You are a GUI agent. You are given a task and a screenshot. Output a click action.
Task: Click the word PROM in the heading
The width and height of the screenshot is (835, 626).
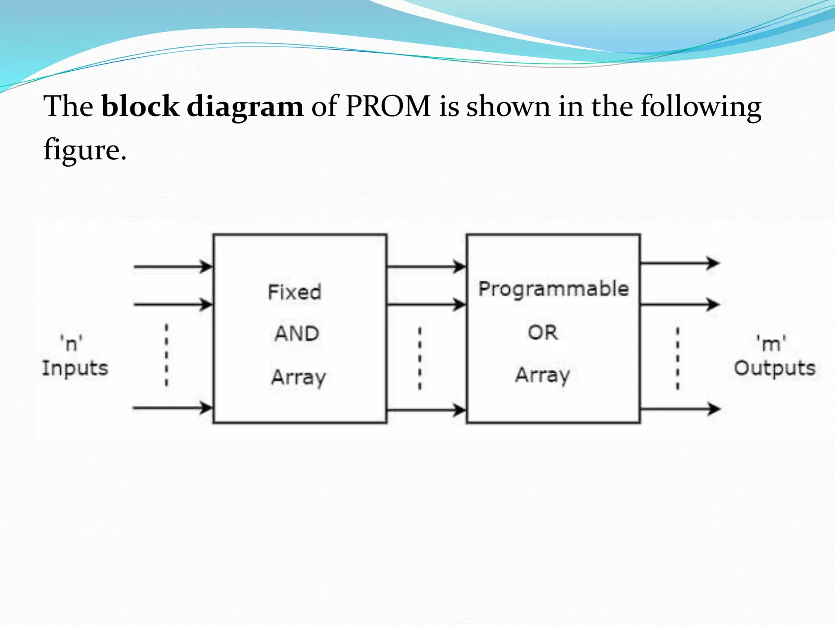pos(388,106)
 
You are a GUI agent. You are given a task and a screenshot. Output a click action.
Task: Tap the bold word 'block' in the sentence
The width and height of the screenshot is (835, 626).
pos(140,106)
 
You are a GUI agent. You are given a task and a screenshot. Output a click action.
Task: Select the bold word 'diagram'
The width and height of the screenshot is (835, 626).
pos(245,107)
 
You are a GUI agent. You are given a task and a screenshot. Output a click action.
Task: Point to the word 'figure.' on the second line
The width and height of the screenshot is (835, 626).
pos(85,150)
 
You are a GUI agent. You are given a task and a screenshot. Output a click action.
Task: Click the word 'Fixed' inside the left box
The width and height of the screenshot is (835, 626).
pos(294,292)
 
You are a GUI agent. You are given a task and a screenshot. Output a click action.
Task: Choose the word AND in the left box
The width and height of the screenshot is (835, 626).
pos(296,334)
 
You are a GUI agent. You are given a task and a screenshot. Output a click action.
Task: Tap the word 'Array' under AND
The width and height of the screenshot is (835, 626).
pos(298,377)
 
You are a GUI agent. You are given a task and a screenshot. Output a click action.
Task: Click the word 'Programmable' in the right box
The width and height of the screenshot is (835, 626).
pos(553,289)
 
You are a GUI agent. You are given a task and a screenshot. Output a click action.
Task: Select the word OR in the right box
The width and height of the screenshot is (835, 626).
pos(543,333)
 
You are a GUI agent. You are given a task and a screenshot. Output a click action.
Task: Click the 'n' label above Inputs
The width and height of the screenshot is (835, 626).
pos(71,343)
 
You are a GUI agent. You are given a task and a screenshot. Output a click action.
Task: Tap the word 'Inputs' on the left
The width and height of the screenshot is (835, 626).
pos(75,368)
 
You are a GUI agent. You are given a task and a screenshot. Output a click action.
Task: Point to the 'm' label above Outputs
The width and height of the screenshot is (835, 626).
pos(771,343)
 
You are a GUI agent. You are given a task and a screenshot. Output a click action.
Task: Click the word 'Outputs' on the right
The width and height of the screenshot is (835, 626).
pos(774,368)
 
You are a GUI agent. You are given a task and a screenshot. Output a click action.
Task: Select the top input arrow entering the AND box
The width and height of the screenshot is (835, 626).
pos(173,267)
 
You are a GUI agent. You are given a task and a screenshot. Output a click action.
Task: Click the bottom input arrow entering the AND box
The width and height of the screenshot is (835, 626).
pos(173,407)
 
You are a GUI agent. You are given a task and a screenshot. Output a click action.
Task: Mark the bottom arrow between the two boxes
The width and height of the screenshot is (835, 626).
pos(426,409)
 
